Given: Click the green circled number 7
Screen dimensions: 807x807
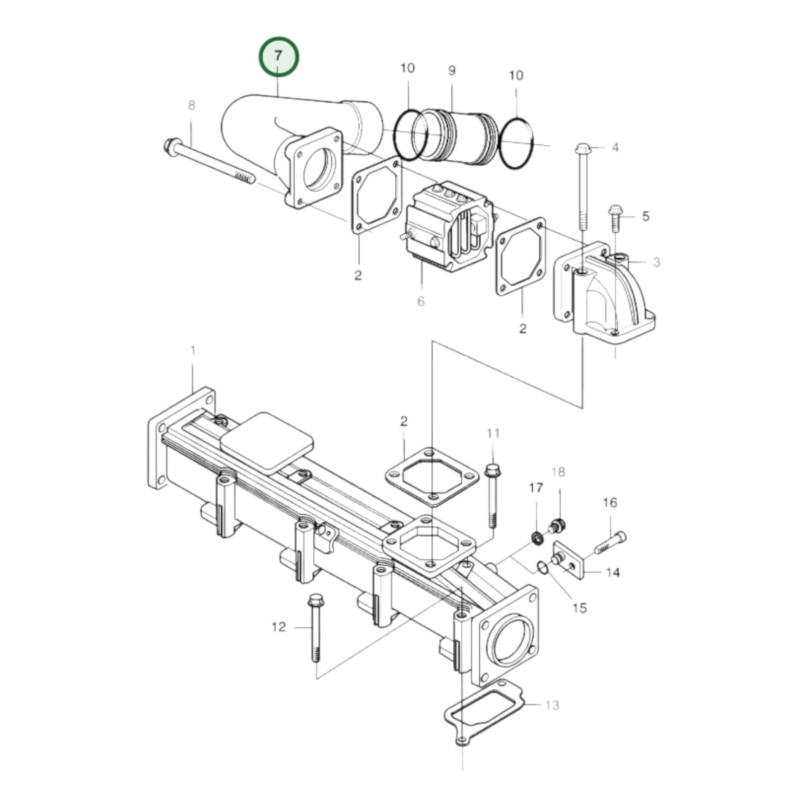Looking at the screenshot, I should (x=278, y=56).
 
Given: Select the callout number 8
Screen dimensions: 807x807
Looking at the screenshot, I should (x=192, y=106).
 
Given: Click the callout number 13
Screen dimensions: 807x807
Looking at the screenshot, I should (x=552, y=705).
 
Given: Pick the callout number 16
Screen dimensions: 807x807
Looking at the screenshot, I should (x=610, y=503).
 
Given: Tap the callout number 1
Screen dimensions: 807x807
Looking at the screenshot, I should (x=193, y=350).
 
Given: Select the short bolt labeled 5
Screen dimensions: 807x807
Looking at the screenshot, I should (x=615, y=218).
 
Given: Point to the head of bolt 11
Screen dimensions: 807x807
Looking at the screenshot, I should (x=493, y=470).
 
